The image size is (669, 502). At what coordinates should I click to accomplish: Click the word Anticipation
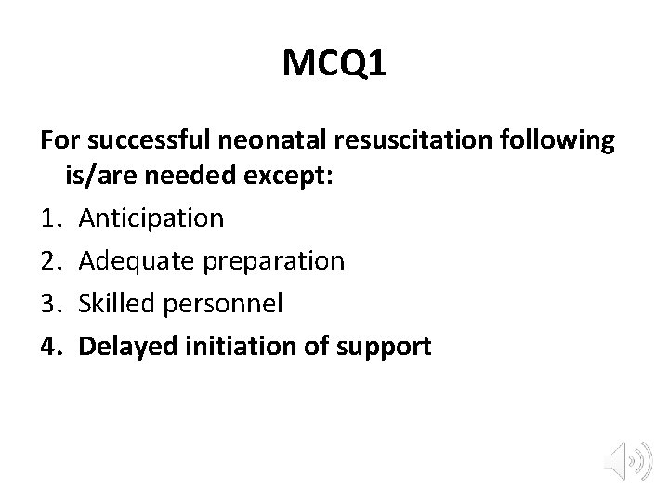pyautogui.click(x=151, y=218)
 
